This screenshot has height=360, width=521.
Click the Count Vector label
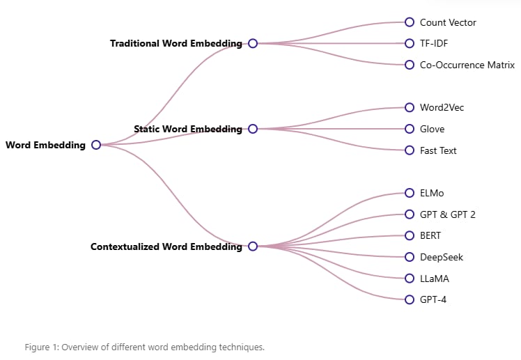[x=448, y=22]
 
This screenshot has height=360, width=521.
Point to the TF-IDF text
[x=434, y=43]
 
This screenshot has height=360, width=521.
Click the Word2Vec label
[x=442, y=107]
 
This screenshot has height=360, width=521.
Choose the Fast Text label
[x=438, y=150]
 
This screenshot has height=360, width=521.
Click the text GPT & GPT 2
[x=448, y=214]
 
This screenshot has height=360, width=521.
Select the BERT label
[x=430, y=235]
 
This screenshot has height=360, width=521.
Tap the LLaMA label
[x=434, y=279]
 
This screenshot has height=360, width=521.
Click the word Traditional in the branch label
[x=134, y=43]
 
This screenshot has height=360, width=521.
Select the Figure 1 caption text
[x=145, y=347]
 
